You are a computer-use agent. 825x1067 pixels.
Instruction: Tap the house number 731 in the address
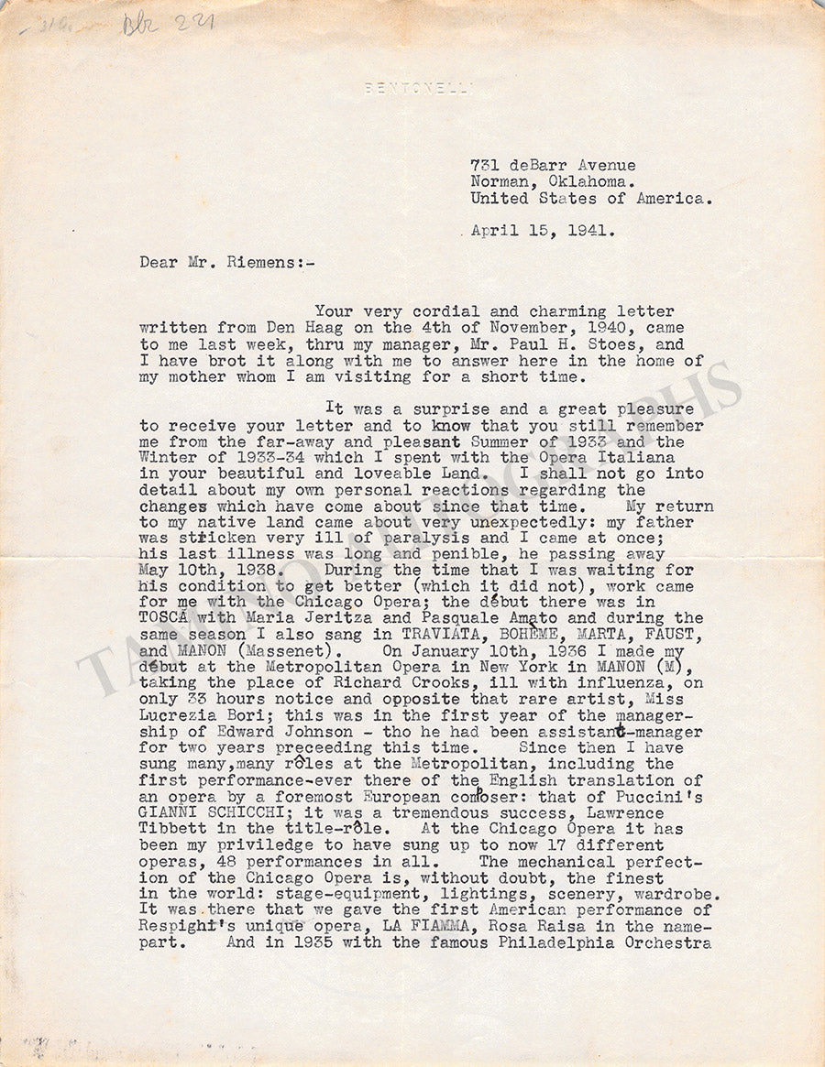[485, 165]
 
